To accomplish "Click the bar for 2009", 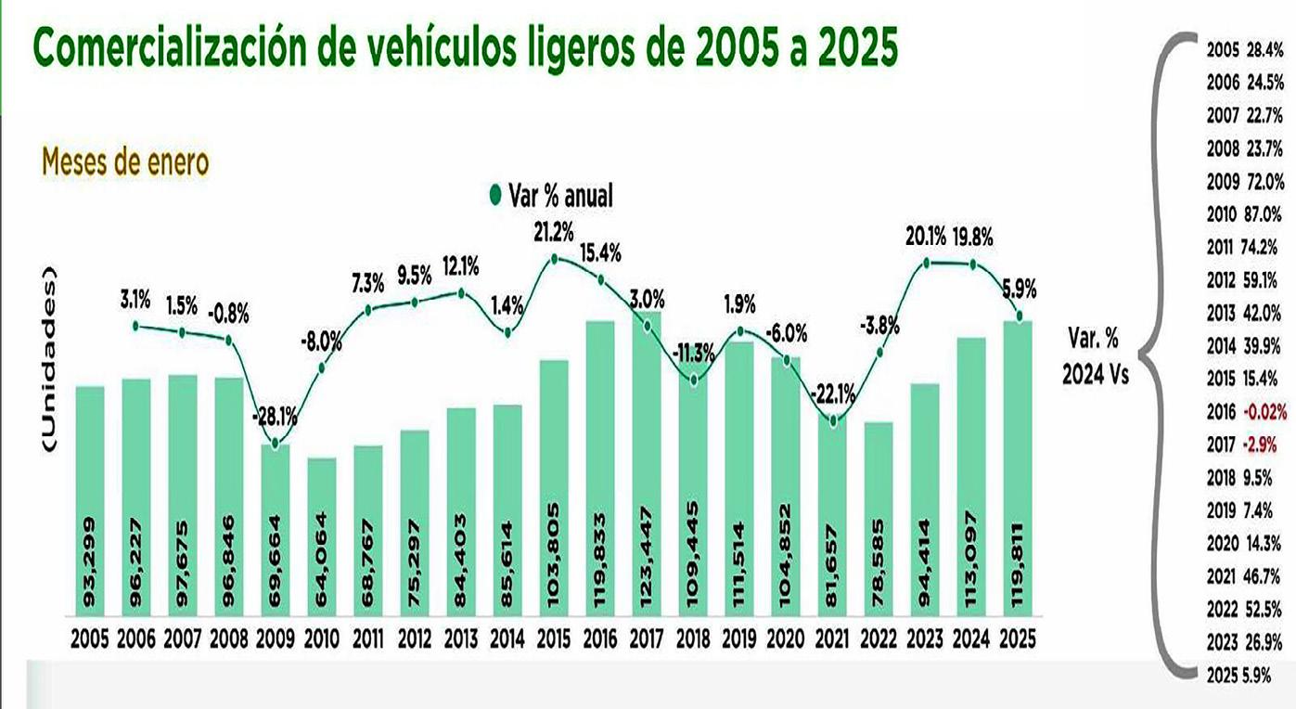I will coord(275,529).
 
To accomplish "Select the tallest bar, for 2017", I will coord(647,464).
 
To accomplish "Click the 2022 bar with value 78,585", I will coord(879,520).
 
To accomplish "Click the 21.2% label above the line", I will coord(554,231).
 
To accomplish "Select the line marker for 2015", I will coord(554,260).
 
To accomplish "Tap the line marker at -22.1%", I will coord(833,421).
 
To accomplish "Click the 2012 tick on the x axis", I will coord(414,639).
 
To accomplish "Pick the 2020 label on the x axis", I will coord(786,639).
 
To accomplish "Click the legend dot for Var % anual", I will coord(494,196).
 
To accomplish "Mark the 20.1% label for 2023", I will coord(925,238).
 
